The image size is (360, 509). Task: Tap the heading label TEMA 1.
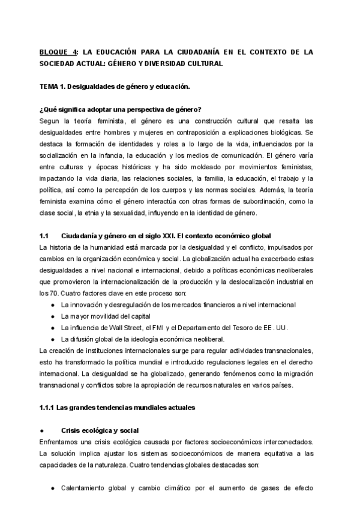[52, 86]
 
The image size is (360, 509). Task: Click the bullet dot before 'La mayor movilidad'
[53, 316]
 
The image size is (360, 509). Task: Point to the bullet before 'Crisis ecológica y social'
[41, 431]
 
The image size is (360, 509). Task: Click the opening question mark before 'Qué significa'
[41, 109]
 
